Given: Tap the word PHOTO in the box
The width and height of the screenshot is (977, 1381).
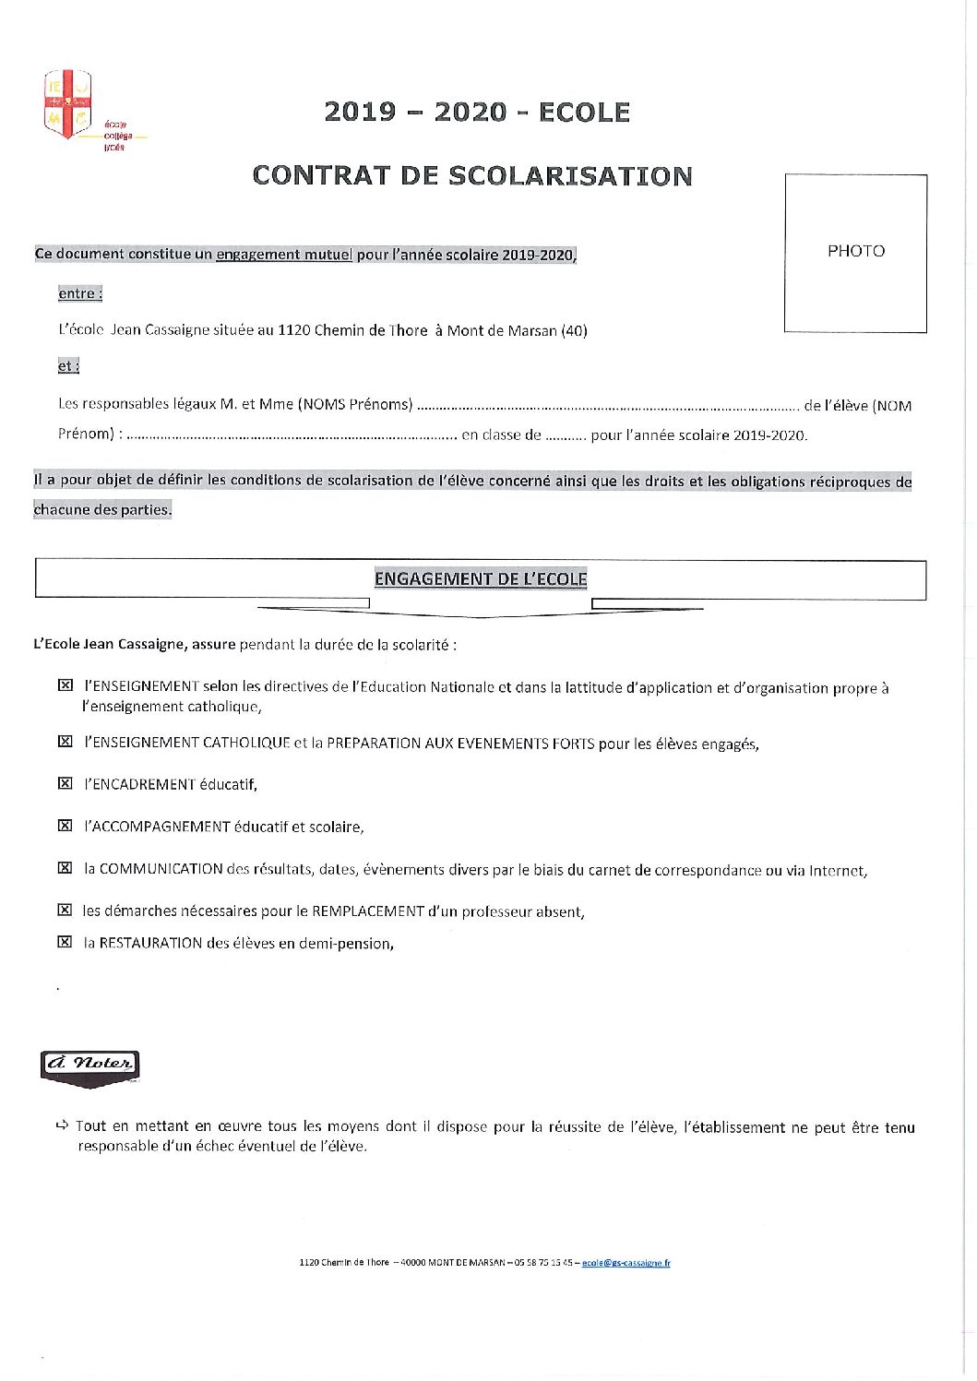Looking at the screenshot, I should click(x=855, y=251).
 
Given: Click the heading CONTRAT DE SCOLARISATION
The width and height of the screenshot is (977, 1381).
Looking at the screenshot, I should click(x=471, y=176).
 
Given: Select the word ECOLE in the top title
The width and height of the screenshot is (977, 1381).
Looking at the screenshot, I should click(x=584, y=113).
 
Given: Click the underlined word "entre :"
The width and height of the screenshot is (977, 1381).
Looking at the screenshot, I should click(x=79, y=293).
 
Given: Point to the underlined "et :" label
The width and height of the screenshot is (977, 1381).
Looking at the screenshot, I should click(x=68, y=366).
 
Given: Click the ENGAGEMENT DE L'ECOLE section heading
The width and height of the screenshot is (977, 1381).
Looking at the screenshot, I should click(x=481, y=579).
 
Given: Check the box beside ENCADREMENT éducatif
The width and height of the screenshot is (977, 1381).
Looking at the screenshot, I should click(x=65, y=784).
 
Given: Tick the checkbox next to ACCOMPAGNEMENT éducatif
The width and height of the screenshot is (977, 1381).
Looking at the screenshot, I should click(x=65, y=827).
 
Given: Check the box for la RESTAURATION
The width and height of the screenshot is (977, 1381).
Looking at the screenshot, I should click(x=65, y=943).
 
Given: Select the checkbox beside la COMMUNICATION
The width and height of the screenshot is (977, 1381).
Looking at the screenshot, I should click(x=65, y=868).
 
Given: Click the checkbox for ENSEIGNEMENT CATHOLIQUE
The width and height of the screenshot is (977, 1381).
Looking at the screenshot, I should click(x=65, y=743).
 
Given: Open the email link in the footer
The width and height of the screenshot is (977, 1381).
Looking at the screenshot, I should click(x=626, y=1263).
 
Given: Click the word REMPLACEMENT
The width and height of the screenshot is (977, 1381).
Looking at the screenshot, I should click(x=368, y=911).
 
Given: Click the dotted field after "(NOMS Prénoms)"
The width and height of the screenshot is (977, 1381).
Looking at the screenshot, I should click(x=608, y=405).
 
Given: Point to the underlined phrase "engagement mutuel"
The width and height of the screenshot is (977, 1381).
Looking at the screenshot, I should click(x=284, y=255).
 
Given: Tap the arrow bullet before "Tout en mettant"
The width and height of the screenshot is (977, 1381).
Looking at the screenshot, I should click(x=62, y=1125).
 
